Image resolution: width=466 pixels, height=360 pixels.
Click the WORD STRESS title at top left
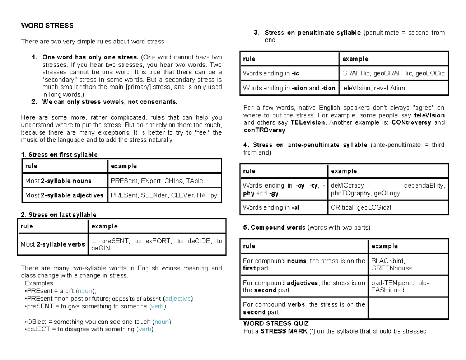[47, 26]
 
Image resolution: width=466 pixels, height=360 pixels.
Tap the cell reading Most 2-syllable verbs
[53, 245]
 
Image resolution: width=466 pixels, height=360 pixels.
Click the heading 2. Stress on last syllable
[59, 215]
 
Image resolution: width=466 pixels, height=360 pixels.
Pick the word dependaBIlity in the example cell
[425, 186]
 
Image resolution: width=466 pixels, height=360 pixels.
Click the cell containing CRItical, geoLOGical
[361, 208]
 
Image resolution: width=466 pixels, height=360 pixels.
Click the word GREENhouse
[391, 268]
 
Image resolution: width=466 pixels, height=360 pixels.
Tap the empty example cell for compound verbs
[408, 308]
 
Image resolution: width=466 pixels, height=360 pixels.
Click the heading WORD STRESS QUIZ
[276, 323]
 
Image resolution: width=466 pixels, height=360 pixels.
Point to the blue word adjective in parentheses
[178, 299]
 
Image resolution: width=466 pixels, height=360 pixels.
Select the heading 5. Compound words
[274, 228]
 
